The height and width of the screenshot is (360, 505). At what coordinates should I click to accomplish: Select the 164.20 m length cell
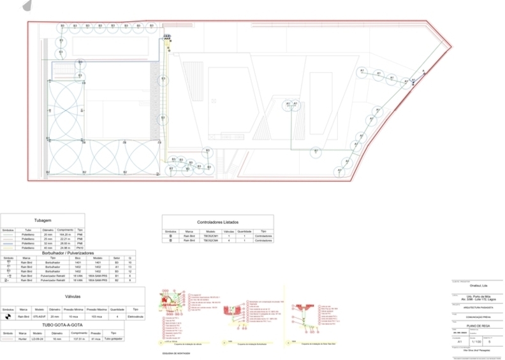pyautogui.click(x=64, y=235)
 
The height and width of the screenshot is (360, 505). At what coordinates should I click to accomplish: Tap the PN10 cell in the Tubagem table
pyautogui.click(x=80, y=248)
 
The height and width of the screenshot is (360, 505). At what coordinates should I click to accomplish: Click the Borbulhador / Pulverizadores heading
pyautogui.click(x=68, y=253)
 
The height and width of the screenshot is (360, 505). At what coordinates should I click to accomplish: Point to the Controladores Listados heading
pyautogui.click(x=217, y=221)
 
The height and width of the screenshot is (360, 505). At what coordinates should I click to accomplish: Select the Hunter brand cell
pyautogui.click(x=22, y=339)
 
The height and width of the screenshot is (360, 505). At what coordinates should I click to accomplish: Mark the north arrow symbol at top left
pyautogui.click(x=27, y=6)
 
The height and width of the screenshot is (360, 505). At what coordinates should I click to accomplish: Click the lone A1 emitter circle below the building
pyautogui.click(x=316, y=151)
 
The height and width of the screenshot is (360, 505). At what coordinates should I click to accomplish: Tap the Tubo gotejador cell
pyautogui.click(x=113, y=339)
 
